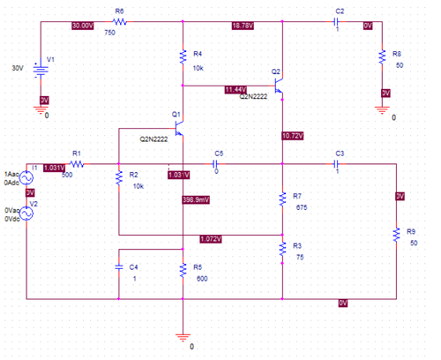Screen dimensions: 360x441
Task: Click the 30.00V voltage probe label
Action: [82, 25]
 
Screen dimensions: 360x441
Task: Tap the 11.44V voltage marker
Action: [235, 89]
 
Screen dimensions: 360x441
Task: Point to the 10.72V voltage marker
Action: [292, 135]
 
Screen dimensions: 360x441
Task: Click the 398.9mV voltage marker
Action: [195, 200]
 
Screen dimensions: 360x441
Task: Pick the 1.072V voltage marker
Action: [210, 239]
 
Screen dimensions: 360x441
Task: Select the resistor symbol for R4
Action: [183, 59]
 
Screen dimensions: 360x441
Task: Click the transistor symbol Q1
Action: [180, 129]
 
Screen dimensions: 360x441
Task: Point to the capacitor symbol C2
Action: [338, 24]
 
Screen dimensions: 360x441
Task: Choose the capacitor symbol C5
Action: [217, 162]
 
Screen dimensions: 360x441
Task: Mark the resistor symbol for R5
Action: [183, 271]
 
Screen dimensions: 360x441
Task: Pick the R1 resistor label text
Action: [77, 152]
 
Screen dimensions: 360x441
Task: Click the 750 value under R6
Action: [109, 33]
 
